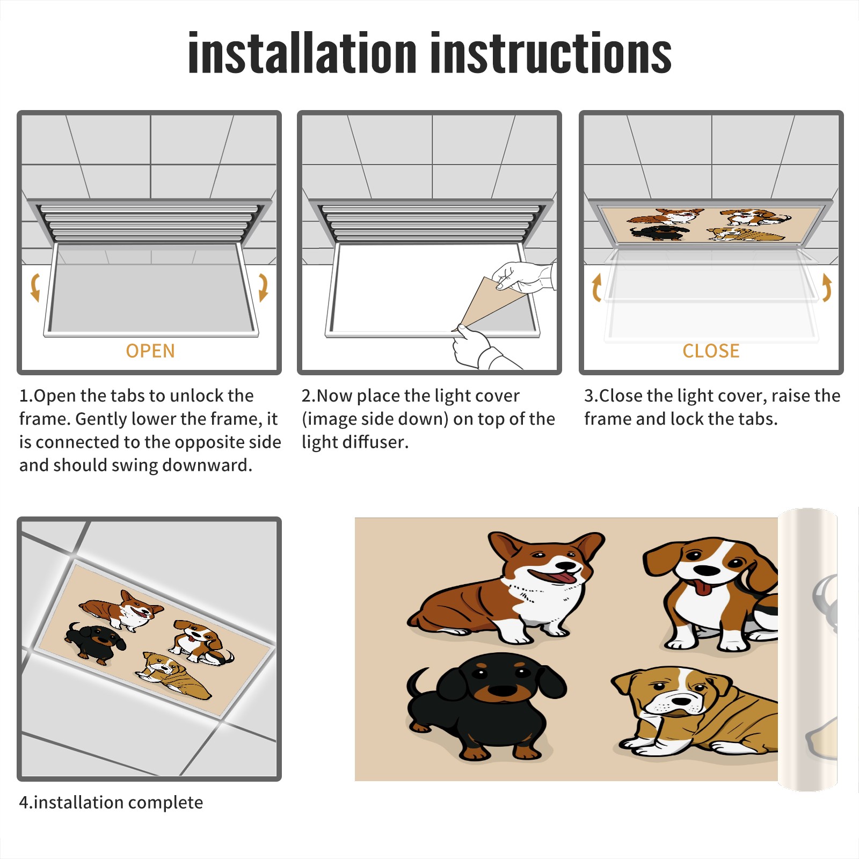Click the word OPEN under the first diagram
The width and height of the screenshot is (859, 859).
click(150, 351)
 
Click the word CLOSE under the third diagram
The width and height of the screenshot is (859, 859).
click(711, 351)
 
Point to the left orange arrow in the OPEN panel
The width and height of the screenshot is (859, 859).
click(35, 287)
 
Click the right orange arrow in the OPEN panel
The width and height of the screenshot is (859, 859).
click(263, 287)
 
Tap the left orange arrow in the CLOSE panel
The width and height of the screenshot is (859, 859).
click(596, 287)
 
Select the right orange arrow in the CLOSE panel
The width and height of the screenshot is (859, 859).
click(827, 287)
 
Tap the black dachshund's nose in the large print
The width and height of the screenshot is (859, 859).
click(503, 690)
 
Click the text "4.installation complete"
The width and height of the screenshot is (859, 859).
click(111, 802)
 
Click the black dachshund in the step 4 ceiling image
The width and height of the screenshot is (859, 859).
click(95, 640)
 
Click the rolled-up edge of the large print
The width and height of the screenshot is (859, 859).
click(807, 650)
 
